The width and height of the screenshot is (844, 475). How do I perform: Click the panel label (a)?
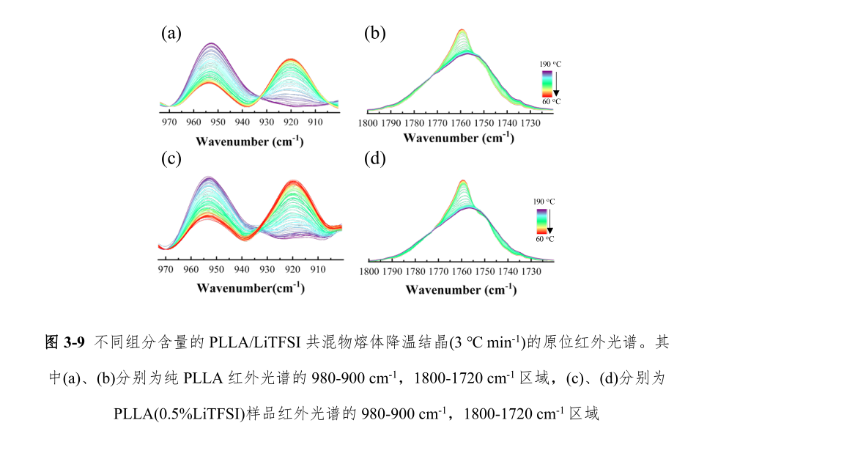point(171,33)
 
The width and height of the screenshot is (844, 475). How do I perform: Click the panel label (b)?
point(374,33)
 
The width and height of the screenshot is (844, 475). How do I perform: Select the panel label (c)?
point(171,159)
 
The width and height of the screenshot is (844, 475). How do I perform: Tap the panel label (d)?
point(374,159)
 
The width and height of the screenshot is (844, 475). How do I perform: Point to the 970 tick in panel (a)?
point(169,122)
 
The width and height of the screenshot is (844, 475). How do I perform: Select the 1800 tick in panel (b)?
point(369,122)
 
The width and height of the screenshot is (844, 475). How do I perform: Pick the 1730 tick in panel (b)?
point(529,122)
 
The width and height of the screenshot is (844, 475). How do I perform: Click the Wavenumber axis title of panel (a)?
point(249,141)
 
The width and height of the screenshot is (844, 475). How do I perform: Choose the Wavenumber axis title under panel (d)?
point(461,290)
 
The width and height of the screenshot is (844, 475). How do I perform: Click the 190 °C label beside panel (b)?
point(550,64)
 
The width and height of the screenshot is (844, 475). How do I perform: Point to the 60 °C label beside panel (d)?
point(544,239)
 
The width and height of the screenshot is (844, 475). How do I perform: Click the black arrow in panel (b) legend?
point(556,83)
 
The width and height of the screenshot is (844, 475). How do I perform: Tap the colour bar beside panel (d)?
point(541,221)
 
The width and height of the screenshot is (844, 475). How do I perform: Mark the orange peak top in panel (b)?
point(462,30)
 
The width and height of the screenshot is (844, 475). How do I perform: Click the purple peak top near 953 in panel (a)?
point(211,43)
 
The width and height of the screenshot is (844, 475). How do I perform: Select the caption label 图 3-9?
point(66,342)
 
